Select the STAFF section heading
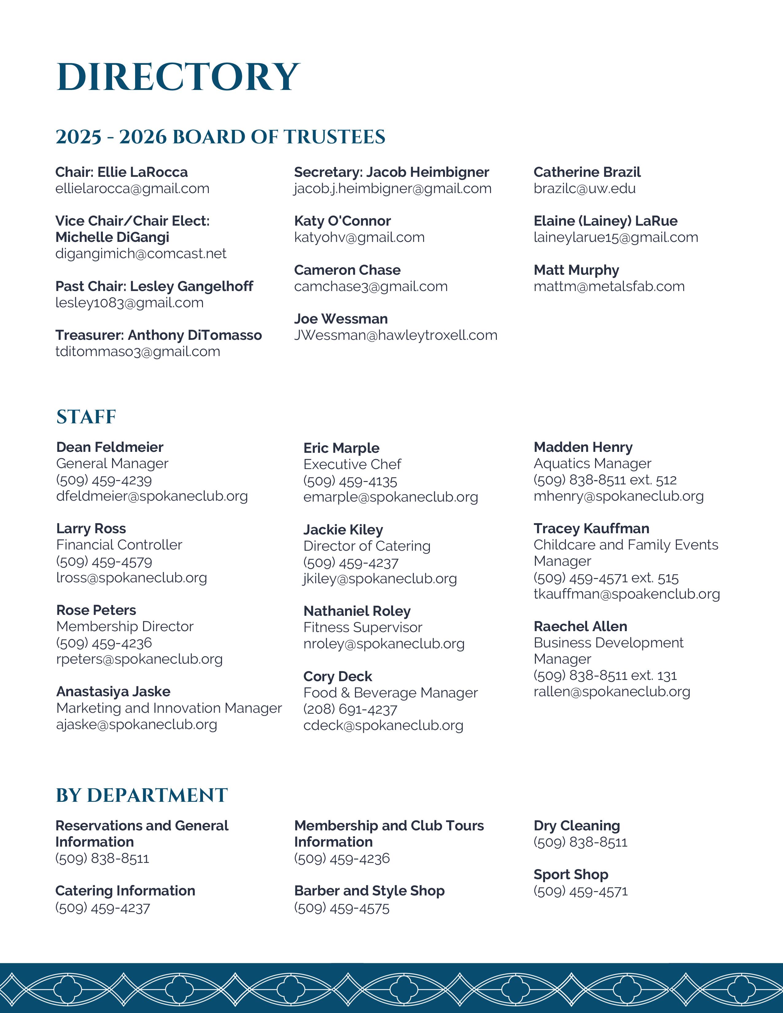click(x=86, y=417)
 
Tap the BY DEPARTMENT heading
click(x=142, y=795)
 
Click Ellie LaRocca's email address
click(x=132, y=189)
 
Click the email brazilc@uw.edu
click(x=584, y=189)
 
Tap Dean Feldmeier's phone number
click(x=104, y=480)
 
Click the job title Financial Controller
click(x=119, y=545)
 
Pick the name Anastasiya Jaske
click(x=113, y=692)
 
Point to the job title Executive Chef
click(x=352, y=464)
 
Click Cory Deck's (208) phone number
click(x=350, y=709)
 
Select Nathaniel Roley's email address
click(x=384, y=644)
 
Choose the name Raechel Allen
click(x=580, y=627)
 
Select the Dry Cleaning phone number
click(x=580, y=842)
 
